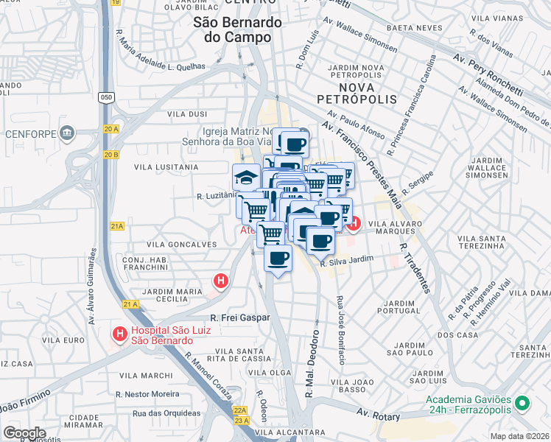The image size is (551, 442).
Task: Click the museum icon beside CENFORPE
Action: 67,134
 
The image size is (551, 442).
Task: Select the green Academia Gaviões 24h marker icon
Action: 522,403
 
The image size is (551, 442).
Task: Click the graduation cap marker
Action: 245,176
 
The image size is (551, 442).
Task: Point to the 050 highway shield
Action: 107,97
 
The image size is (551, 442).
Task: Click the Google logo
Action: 24,432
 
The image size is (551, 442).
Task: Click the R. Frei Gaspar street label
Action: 240,318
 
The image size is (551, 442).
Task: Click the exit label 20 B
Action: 111,154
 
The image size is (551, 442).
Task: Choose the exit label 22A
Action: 239,410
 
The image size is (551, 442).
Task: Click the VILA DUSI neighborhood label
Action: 187,114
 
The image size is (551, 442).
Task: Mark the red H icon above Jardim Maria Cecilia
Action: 220,280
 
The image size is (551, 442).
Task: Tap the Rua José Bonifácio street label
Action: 341,329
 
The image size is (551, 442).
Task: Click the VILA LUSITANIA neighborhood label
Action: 166,167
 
